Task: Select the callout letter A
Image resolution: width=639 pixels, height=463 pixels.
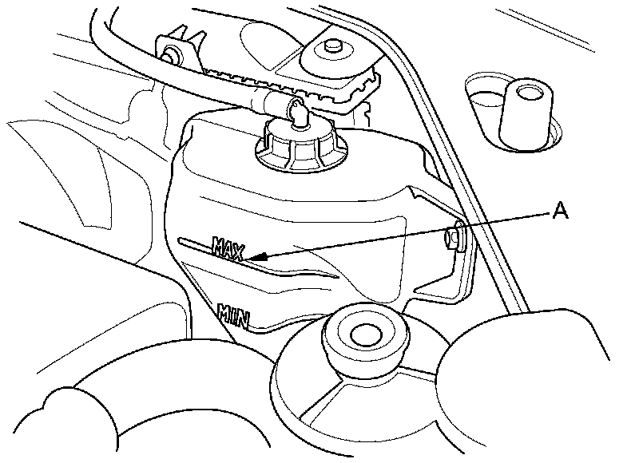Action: [x=560, y=211]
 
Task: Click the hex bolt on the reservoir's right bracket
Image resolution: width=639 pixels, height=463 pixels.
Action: [x=452, y=236]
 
